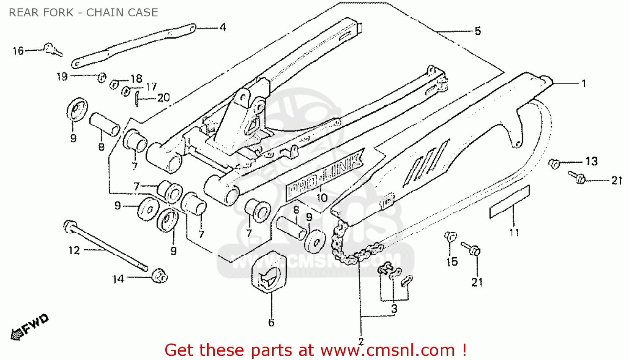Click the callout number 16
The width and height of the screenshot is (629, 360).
18,51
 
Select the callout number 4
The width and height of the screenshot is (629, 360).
223,28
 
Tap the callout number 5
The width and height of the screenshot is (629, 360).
478,31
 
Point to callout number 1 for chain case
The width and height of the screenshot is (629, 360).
583,83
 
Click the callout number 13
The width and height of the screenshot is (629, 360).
591,162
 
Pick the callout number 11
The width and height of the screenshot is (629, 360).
514,232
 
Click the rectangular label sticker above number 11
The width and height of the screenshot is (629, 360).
509,202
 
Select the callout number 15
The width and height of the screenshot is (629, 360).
452,262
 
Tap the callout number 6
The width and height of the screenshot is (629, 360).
271,323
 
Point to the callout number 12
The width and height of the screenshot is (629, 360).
74,250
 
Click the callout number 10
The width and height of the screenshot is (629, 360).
322,198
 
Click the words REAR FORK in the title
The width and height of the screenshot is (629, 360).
41,13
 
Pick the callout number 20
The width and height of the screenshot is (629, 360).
163,98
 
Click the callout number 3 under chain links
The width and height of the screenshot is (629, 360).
394,309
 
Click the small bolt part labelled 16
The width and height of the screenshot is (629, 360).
53,50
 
